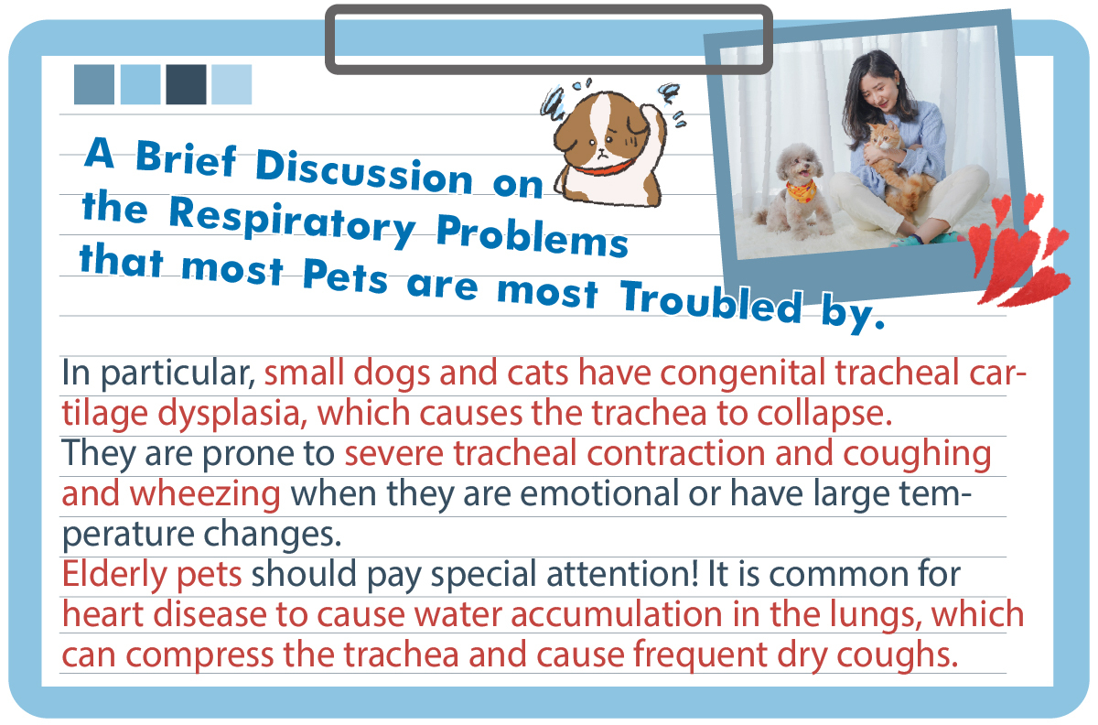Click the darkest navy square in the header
(x=186, y=84)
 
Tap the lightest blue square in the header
(x=231, y=84)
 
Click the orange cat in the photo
(x=892, y=167)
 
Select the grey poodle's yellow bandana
(x=801, y=190)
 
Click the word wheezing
(x=205, y=494)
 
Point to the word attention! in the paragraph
(x=622, y=574)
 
